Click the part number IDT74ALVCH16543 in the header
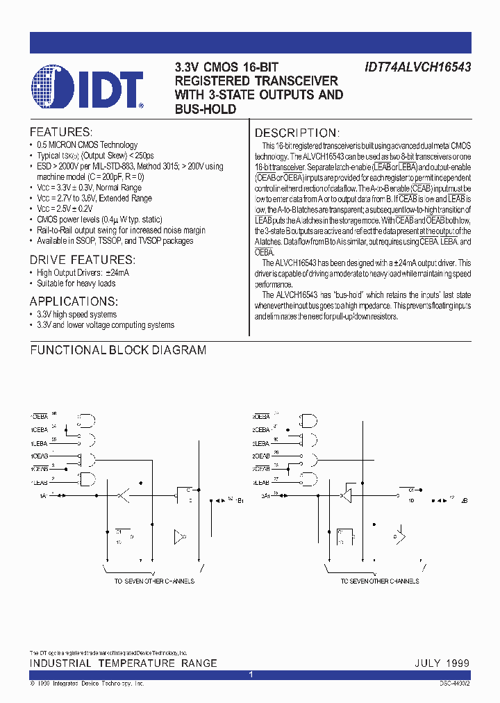click(417, 67)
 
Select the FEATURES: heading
click(60, 132)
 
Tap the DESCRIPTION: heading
click(297, 133)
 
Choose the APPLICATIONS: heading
click(74, 301)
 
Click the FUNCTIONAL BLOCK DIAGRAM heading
click(118, 350)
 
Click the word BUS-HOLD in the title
click(206, 109)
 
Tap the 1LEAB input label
click(39, 481)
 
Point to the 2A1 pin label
click(265, 495)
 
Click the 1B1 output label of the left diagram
click(240, 499)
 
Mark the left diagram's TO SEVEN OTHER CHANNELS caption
click(154, 581)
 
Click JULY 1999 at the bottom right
click(442, 663)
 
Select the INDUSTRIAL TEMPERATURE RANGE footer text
click(124, 663)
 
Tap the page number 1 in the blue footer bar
click(250, 675)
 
